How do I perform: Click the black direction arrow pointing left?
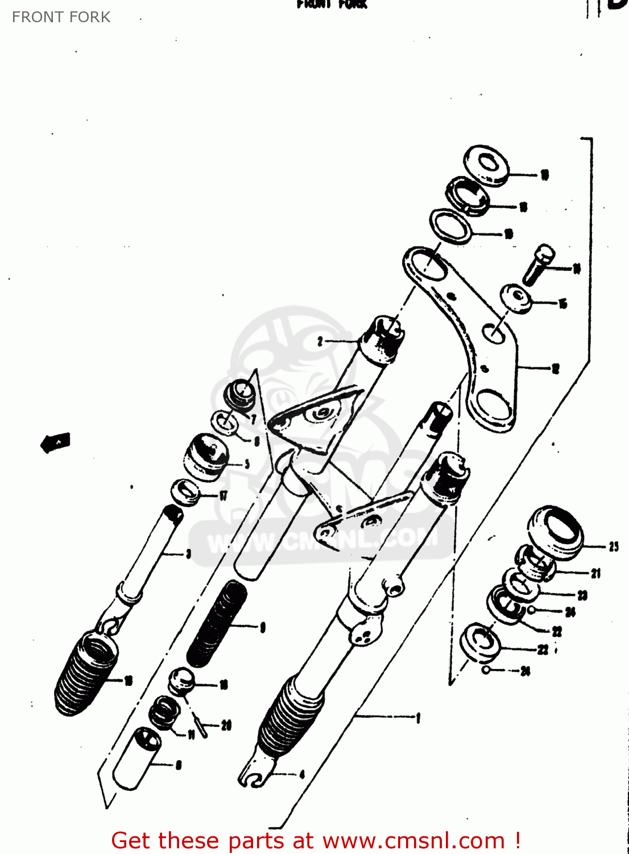point(56,442)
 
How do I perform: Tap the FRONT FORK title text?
point(61,17)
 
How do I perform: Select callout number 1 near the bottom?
point(418,718)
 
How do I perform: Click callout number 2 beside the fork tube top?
point(320,341)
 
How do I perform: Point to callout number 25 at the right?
point(614,547)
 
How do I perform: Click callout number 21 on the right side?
point(595,573)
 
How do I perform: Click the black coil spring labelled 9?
point(218,623)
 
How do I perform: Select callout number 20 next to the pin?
point(226,725)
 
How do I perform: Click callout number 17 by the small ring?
point(224,495)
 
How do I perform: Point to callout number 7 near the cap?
point(254,420)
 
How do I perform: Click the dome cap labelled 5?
point(206,455)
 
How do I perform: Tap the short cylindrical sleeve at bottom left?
point(136,758)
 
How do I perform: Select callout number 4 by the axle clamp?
point(302,774)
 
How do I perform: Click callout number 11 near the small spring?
point(192,734)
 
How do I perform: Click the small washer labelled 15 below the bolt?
point(516,299)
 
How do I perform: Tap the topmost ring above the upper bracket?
point(486,165)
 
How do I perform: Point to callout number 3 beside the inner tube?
point(189,553)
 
